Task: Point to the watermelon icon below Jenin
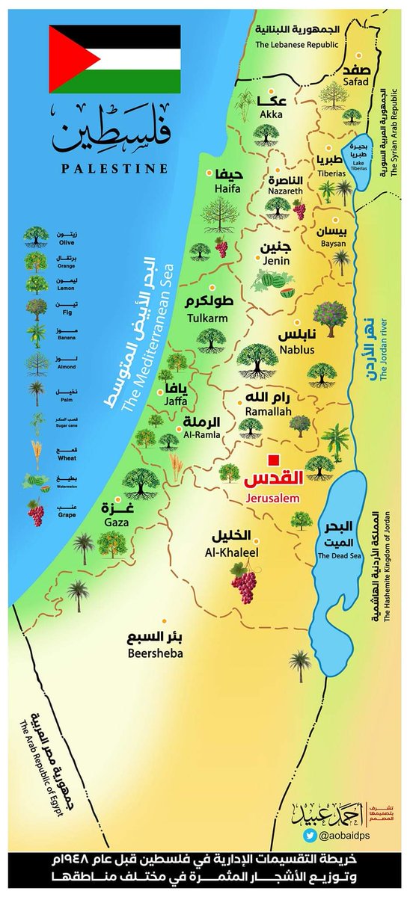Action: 266,283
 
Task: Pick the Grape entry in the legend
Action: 35,514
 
